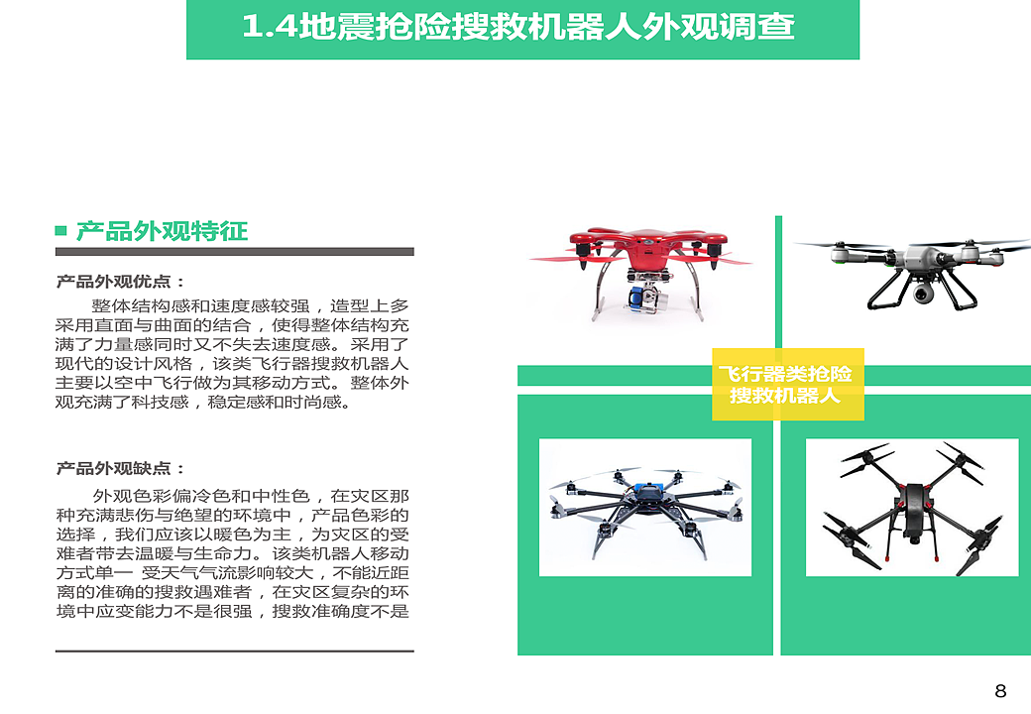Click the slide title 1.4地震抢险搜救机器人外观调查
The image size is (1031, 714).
click(x=518, y=27)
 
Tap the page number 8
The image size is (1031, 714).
click(x=1000, y=691)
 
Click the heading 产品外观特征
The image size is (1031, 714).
click(x=162, y=231)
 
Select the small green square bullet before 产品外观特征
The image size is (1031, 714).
click(x=61, y=230)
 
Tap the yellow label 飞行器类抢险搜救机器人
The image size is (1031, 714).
click(x=787, y=385)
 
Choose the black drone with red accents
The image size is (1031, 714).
click(x=913, y=508)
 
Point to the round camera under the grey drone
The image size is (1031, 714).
click(x=923, y=292)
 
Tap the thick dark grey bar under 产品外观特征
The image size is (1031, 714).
click(x=235, y=251)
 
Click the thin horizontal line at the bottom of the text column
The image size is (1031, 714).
click(x=235, y=651)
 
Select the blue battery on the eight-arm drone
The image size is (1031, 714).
click(x=649, y=489)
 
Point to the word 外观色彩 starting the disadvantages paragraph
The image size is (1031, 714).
click(x=132, y=496)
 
